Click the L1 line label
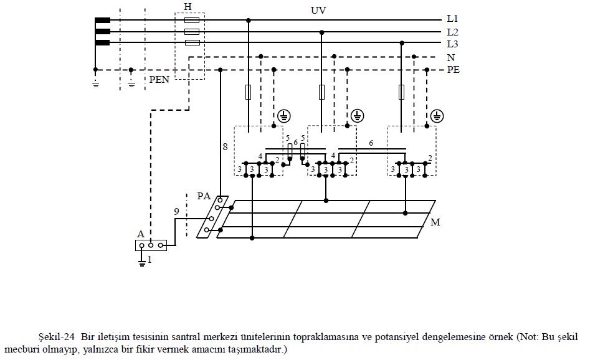click(x=452, y=19)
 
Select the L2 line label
click(x=452, y=32)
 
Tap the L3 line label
click(x=452, y=44)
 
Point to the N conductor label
click(x=450, y=57)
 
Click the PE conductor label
click(x=453, y=70)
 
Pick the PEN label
click(x=159, y=80)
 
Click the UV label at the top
click(x=318, y=11)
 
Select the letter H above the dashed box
click(x=188, y=6)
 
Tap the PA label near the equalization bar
click(x=204, y=196)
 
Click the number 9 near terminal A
click(x=176, y=212)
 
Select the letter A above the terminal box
click(x=141, y=234)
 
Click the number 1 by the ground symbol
click(x=150, y=260)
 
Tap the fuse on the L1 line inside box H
click(x=192, y=20)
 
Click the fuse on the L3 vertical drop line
click(x=402, y=93)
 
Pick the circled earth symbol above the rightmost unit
click(x=437, y=116)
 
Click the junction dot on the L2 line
click(x=321, y=32)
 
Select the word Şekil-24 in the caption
click(x=59, y=337)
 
